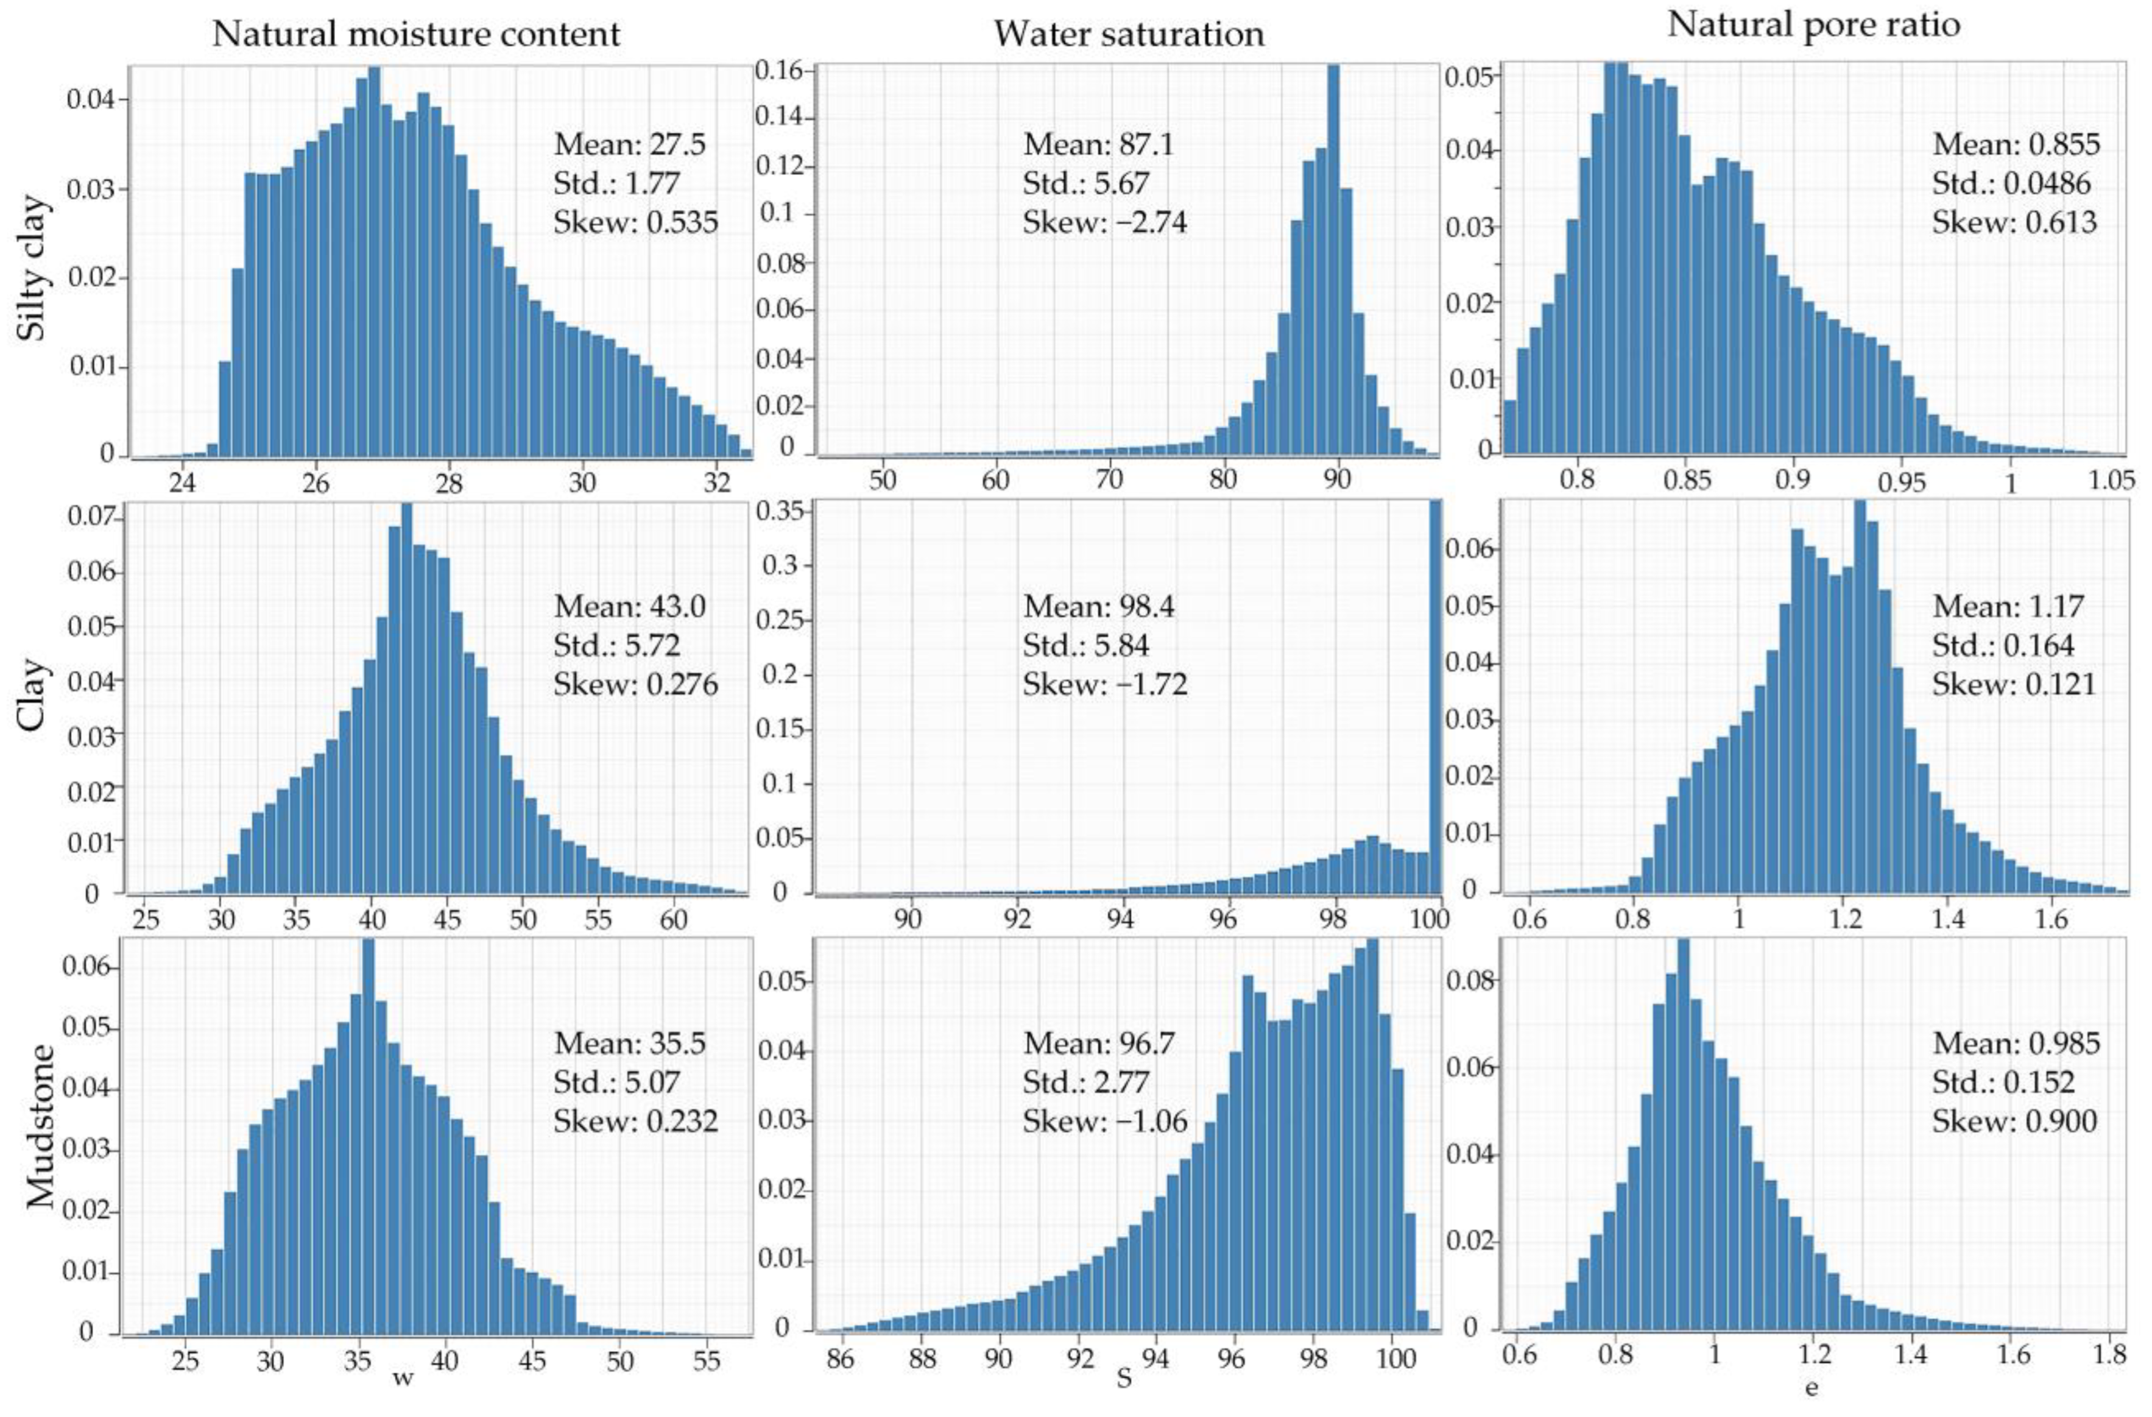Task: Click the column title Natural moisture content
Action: (416, 34)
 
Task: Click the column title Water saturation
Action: (1129, 34)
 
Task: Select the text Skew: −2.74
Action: (1104, 222)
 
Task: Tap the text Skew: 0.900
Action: (2014, 1122)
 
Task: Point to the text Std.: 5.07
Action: (616, 1083)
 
